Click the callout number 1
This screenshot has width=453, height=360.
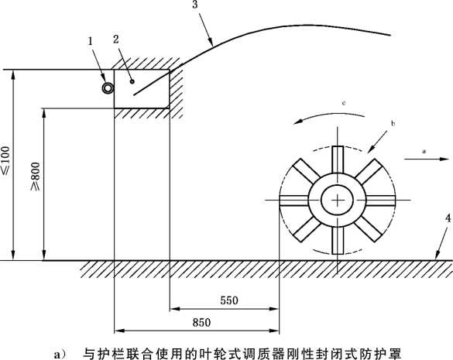[x=91, y=41]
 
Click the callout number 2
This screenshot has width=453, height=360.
[x=116, y=39]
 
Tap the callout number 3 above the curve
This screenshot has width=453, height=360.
[x=195, y=5]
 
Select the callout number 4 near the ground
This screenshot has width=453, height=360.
[x=448, y=218]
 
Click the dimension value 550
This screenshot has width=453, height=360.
[x=229, y=300]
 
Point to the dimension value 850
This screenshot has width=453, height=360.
[x=201, y=322]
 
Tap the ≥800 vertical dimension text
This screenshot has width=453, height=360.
[x=36, y=177]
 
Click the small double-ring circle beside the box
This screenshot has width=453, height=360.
[x=108, y=88]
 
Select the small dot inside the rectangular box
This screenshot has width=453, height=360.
[x=132, y=81]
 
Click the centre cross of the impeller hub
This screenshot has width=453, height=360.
[x=338, y=200]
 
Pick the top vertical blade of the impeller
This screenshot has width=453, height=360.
[x=338, y=159]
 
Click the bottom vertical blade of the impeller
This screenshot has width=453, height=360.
[x=338, y=240]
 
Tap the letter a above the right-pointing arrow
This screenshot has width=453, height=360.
[x=424, y=151]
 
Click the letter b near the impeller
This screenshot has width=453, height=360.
[x=393, y=124]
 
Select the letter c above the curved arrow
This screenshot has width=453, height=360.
[x=344, y=103]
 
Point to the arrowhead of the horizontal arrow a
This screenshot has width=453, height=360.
[x=444, y=159]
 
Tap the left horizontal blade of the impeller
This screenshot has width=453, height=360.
[x=294, y=201]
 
